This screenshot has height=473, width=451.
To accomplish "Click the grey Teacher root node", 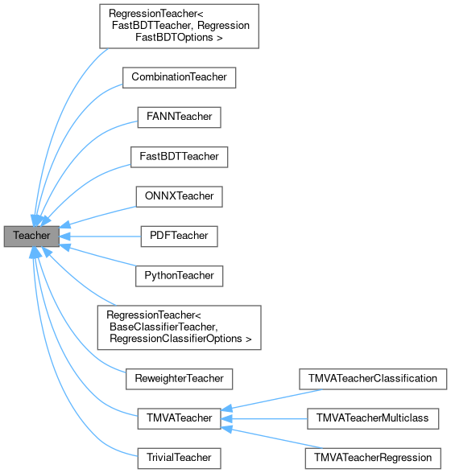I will [x=31, y=236].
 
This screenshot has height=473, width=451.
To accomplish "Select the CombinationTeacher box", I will [x=179, y=77].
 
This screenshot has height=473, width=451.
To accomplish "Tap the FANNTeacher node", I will [x=179, y=117].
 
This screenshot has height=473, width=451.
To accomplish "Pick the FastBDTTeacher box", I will [x=179, y=156].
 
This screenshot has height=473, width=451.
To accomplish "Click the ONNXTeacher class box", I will [x=179, y=195].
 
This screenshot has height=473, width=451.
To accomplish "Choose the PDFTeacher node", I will [x=179, y=236].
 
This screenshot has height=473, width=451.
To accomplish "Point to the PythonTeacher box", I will [x=179, y=275].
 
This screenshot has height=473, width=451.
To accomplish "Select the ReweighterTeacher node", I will [x=179, y=376].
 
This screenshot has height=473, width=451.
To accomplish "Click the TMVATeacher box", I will [x=179, y=418].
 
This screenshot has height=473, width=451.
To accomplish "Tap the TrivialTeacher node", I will [x=179, y=458].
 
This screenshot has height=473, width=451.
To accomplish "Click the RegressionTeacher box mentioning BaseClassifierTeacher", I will [x=179, y=326].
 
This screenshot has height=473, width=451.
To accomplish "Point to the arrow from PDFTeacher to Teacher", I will [x=105, y=236].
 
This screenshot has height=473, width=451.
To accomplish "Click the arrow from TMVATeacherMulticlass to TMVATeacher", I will [x=266, y=418].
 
